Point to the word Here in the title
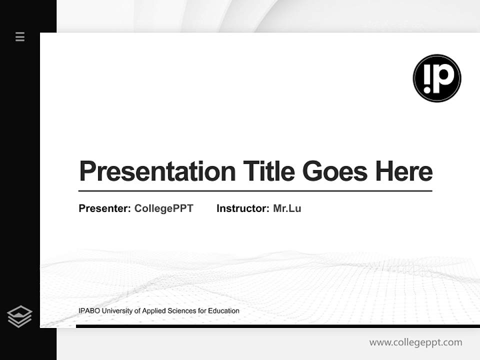(x=404, y=171)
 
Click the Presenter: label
(x=104, y=208)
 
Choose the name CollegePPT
(x=163, y=208)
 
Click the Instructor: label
(x=242, y=208)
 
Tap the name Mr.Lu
(x=287, y=208)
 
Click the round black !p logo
(x=437, y=78)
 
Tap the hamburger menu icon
(x=20, y=36)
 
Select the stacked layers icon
(x=19, y=316)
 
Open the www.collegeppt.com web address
(x=415, y=342)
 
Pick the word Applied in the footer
(x=153, y=311)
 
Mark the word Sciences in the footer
(x=181, y=311)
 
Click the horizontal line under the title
(x=255, y=190)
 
